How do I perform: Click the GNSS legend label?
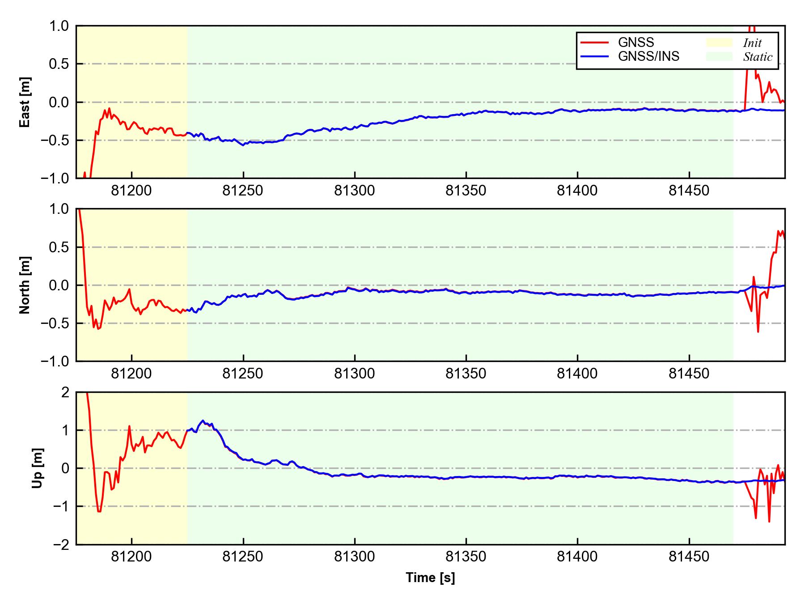(636, 43)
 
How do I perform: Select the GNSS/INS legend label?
(648, 56)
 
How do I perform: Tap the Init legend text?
(752, 43)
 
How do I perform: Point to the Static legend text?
(758, 57)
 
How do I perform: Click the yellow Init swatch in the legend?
(719, 43)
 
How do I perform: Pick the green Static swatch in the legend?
(719, 56)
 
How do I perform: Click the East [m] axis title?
(25, 102)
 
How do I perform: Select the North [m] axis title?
(25, 285)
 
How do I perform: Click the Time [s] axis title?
(430, 578)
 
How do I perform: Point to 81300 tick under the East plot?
(355, 191)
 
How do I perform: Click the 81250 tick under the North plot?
(243, 374)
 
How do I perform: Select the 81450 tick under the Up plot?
(689, 557)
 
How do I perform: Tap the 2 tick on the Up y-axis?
(65, 392)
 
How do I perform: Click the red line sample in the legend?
(594, 43)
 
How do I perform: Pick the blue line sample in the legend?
(594, 56)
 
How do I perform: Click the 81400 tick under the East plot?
(577, 191)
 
